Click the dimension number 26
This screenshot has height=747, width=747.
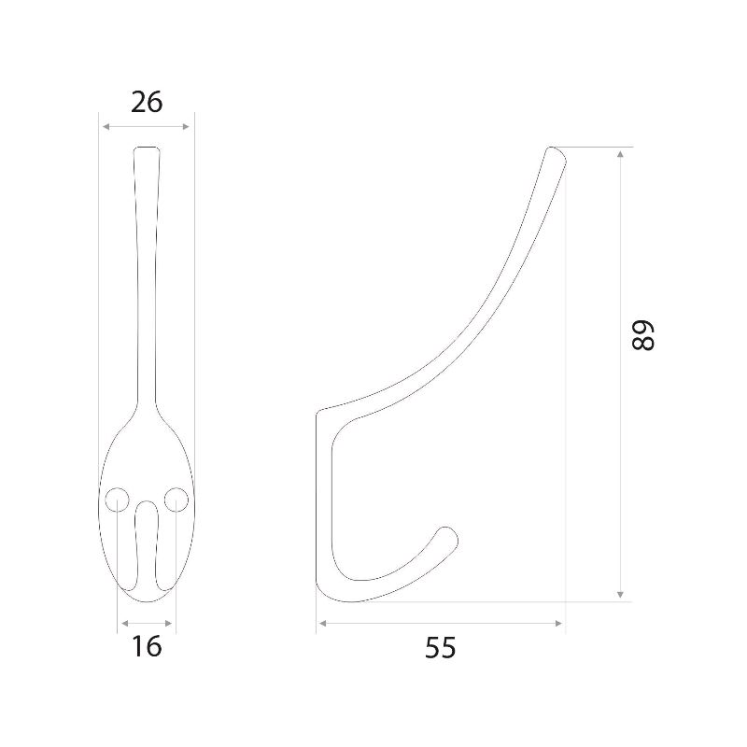(x=147, y=102)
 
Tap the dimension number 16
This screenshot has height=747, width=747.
(x=147, y=646)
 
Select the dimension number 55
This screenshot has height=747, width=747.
(x=440, y=648)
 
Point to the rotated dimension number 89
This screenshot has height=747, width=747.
(x=642, y=336)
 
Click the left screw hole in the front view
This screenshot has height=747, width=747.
(x=117, y=500)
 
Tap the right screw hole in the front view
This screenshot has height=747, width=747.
(x=176, y=500)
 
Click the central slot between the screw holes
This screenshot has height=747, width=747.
(x=147, y=545)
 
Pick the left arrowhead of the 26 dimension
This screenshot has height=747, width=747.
(x=106, y=126)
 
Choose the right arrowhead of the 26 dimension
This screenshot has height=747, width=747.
(x=186, y=126)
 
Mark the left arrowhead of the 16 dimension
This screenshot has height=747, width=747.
(x=125, y=623)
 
